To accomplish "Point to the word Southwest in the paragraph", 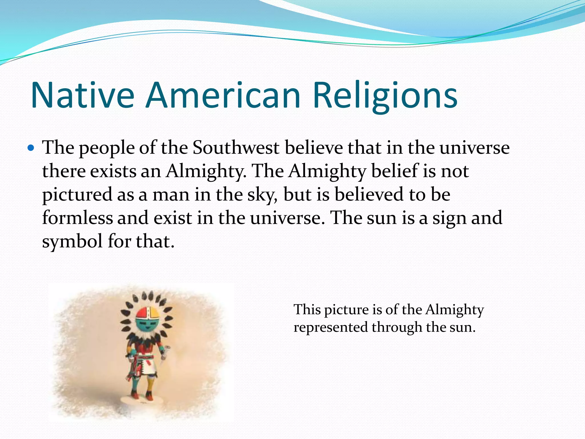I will tap(236, 148).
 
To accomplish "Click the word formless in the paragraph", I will tap(77, 218).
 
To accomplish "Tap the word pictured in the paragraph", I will tap(77, 195).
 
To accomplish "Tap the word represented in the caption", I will tap(330, 327).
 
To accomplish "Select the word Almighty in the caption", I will tap(454, 310).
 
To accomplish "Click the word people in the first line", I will tap(106, 148).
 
